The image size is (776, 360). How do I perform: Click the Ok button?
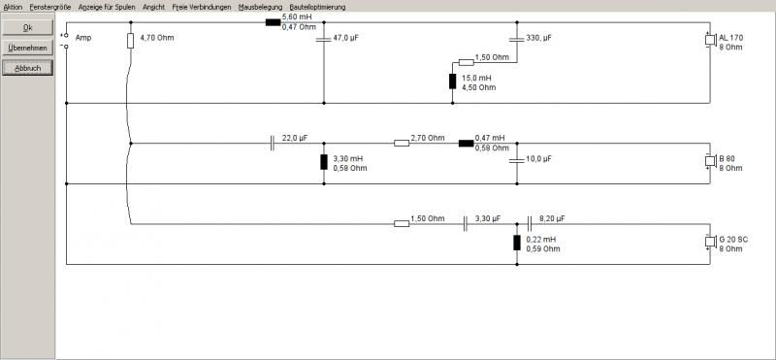point(28,28)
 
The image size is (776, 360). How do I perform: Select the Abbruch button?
point(28,68)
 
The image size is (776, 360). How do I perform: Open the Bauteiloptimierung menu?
point(318,7)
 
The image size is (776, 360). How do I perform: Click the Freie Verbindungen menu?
point(202,7)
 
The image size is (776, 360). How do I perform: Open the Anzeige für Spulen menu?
point(107,7)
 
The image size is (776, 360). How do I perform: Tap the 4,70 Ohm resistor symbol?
point(131,41)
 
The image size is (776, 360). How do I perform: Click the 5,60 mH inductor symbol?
point(274,22)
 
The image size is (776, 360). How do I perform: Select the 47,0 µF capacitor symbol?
point(324,39)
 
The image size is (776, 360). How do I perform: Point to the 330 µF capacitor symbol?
point(517,39)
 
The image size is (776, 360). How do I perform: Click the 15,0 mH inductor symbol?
point(452,82)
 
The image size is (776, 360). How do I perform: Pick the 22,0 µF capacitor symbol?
point(273,143)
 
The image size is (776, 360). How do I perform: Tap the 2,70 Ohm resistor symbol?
point(402,143)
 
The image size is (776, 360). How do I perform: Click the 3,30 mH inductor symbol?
point(324,162)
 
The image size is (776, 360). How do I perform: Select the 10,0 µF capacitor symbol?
point(517,160)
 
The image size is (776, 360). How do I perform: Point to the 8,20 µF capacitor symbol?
point(530,224)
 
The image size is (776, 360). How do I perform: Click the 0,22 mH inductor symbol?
point(517,243)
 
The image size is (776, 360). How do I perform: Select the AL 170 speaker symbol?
point(711,40)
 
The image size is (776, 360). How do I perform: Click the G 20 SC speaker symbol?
point(711,243)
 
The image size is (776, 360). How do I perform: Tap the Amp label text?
point(83,38)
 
